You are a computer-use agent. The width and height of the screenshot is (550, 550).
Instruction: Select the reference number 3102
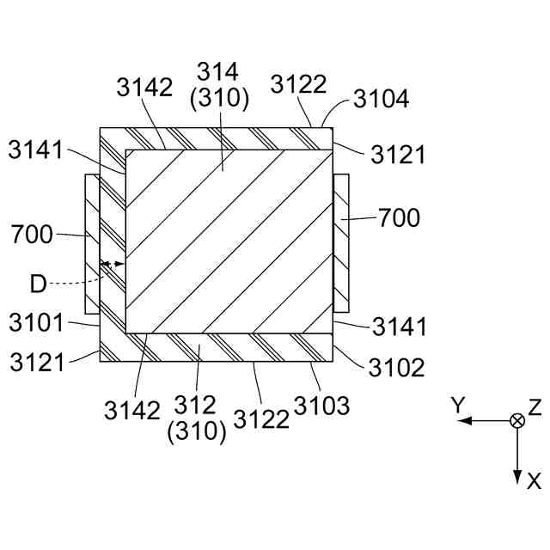click(396, 367)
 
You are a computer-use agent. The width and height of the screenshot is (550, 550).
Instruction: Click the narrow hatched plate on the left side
click(93, 243)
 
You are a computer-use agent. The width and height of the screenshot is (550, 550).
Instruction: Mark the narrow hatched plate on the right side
click(340, 243)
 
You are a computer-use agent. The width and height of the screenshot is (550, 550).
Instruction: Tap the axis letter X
click(535, 482)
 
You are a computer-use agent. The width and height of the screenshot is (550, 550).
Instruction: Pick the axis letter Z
click(535, 406)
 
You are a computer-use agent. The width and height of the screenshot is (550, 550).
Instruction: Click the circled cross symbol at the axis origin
click(517, 420)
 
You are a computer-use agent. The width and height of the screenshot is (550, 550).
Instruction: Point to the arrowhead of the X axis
click(517, 478)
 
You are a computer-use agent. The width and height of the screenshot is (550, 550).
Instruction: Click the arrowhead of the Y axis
click(462, 420)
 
